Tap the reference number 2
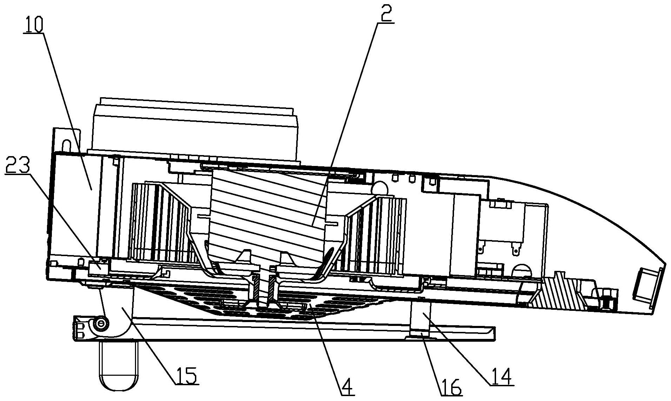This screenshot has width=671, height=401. tap(385, 14)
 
